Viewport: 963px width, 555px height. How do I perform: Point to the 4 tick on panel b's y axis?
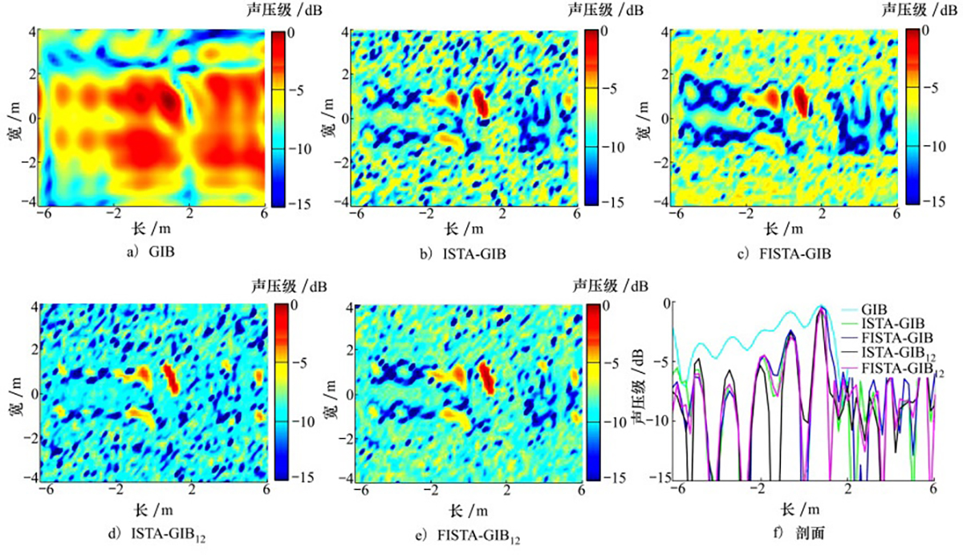(343, 32)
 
